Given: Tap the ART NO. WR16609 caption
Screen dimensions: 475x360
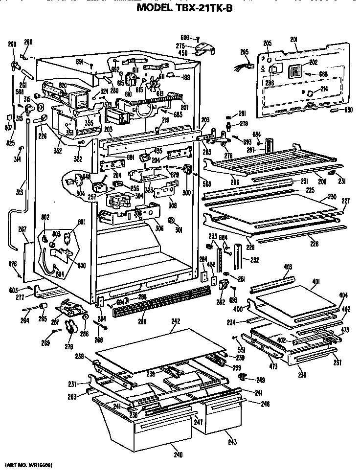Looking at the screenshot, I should coord(28,463).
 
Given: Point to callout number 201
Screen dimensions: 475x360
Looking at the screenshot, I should coord(294,40).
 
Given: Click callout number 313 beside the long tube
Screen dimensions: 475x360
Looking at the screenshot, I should coord(19,192).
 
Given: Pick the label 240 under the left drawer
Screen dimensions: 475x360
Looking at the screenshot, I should coord(178,455).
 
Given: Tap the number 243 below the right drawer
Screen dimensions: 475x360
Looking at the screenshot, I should coord(232,442).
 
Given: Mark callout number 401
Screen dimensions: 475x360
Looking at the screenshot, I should coord(316,281).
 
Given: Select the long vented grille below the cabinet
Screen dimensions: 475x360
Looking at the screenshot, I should coord(161,301).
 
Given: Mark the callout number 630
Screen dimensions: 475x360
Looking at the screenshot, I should coord(348,110).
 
